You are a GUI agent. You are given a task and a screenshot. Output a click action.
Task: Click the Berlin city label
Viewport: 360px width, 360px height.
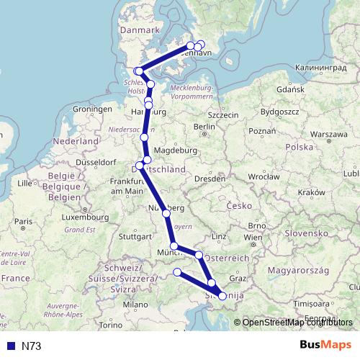[x=205, y=127]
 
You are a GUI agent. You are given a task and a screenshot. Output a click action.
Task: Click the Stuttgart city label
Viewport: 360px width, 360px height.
[x=135, y=235]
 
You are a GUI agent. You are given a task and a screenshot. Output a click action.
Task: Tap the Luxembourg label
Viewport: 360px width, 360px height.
[x=79, y=217]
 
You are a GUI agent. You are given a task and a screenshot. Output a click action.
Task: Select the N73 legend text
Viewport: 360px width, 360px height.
[x=32, y=346]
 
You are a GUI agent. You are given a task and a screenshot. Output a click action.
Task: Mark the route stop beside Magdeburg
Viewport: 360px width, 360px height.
[x=147, y=160]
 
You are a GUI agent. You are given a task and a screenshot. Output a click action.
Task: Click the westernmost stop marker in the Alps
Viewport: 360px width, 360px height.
[x=178, y=271]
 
